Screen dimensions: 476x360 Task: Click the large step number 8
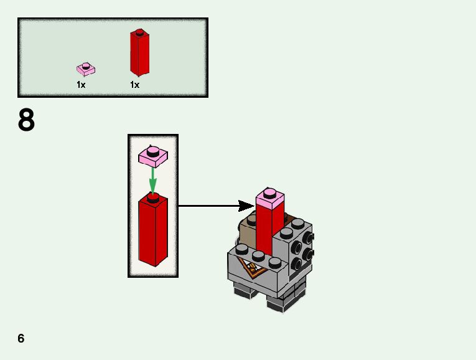pyautogui.click(x=26, y=120)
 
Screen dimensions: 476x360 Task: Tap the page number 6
pyautogui.click(x=21, y=338)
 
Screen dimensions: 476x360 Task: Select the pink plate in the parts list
pyautogui.click(x=86, y=69)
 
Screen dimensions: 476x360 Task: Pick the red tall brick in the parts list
pyautogui.click(x=139, y=52)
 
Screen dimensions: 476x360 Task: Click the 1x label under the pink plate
pyautogui.click(x=81, y=85)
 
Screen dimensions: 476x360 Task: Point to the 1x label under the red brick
pyautogui.click(x=135, y=85)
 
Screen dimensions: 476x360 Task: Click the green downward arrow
pyautogui.click(x=152, y=181)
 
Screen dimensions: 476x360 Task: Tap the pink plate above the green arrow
pyautogui.click(x=153, y=156)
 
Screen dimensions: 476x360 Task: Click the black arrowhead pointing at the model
pyautogui.click(x=246, y=206)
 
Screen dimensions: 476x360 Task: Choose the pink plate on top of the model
pyautogui.click(x=270, y=199)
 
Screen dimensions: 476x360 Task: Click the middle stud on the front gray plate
pyautogui.click(x=258, y=256)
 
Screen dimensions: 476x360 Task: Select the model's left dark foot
pyautogui.click(x=245, y=291)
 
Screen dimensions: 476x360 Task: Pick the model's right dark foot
pyautogui.click(x=285, y=301)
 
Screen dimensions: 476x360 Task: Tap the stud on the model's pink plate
pyautogui.click(x=269, y=193)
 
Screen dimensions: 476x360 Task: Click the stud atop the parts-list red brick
pyautogui.click(x=139, y=32)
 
